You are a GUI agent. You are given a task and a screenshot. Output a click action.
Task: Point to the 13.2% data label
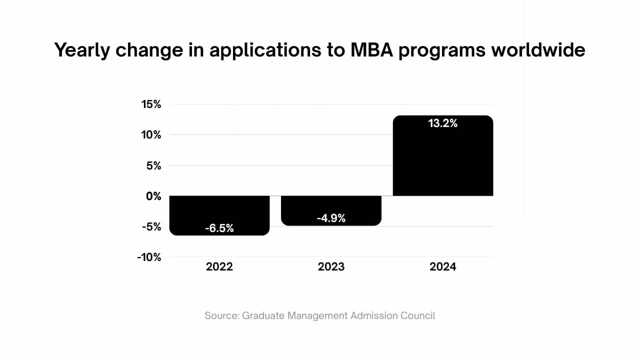(443, 123)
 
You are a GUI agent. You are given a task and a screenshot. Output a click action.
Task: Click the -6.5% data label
(219, 228)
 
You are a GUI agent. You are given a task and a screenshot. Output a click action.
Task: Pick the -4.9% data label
(331, 218)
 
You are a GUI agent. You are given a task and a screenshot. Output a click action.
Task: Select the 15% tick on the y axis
(151, 104)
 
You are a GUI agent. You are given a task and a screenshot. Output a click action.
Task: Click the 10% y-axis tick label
(151, 135)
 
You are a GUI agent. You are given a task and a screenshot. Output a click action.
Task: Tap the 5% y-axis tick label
(153, 165)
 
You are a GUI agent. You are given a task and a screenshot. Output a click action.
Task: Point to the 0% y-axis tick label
(153, 196)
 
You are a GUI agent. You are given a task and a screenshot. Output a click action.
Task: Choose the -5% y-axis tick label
(151, 226)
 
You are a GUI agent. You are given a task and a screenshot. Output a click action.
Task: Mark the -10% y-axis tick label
(149, 257)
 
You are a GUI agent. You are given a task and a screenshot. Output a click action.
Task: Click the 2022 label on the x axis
(219, 267)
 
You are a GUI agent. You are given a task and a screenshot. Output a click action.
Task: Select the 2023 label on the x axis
(331, 267)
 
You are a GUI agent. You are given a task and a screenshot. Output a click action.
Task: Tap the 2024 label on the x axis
(443, 267)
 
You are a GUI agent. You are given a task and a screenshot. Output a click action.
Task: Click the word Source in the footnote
(221, 316)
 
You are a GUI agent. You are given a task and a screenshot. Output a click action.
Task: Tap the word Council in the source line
(417, 316)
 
